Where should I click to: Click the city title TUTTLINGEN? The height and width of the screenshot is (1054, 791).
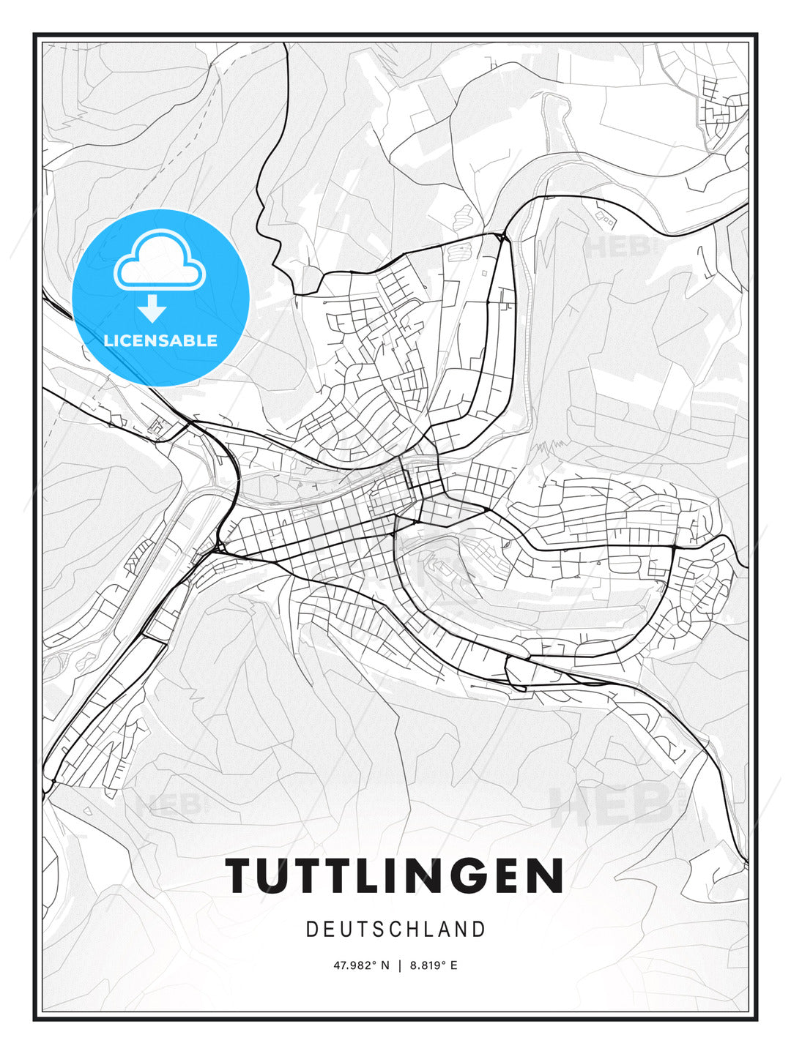tap(395, 875)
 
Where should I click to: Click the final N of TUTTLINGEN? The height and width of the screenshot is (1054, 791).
tap(543, 875)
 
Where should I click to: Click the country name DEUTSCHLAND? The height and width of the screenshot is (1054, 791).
tap(395, 930)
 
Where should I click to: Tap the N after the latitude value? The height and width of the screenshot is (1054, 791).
tap(386, 965)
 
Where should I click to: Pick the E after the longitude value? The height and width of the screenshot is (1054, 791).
tap(454, 965)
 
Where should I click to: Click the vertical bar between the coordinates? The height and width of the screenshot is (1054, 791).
tap(399, 965)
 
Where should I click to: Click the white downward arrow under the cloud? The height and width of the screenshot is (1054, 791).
tap(152, 310)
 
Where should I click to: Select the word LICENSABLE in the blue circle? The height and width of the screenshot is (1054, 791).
tap(160, 340)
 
